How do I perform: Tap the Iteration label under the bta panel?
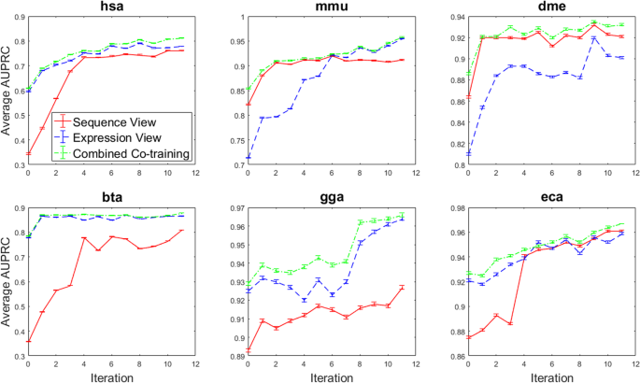(109, 376)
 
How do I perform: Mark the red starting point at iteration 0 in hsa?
(28, 153)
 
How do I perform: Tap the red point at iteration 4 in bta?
(84, 238)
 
